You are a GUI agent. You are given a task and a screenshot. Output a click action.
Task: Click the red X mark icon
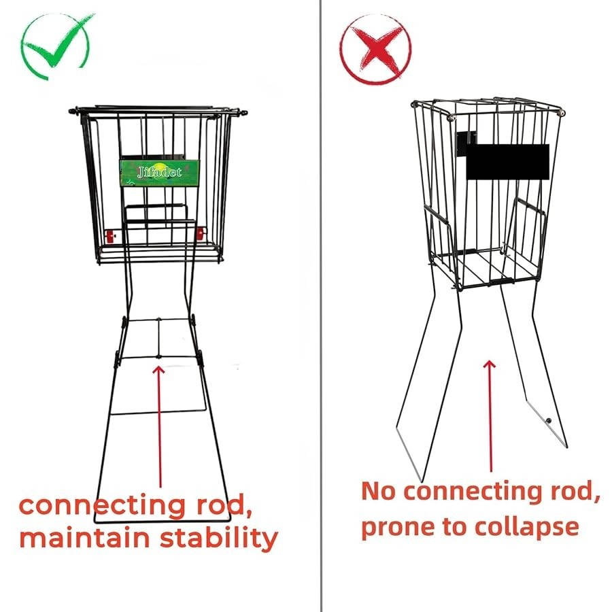click(x=375, y=50)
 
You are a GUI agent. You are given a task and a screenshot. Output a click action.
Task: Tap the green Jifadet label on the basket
click(x=159, y=173)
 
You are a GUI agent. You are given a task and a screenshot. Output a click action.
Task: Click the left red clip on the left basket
click(x=109, y=236)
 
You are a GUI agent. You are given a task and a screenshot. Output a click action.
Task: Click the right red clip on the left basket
click(x=200, y=234)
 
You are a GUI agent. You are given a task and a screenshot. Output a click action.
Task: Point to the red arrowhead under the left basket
click(x=158, y=369)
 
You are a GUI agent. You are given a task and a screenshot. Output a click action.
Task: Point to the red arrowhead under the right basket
click(x=489, y=364)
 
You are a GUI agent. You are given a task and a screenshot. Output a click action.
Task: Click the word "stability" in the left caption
click(x=219, y=538)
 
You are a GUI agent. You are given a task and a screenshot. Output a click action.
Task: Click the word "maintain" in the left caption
click(x=84, y=538)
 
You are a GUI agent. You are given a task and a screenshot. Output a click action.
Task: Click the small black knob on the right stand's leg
click(x=549, y=421)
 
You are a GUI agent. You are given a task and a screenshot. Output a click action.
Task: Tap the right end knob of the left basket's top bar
click(x=244, y=113)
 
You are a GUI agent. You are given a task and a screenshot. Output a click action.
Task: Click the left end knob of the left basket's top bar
click(x=71, y=111)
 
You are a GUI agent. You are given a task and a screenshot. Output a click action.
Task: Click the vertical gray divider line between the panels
click(x=321, y=306)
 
